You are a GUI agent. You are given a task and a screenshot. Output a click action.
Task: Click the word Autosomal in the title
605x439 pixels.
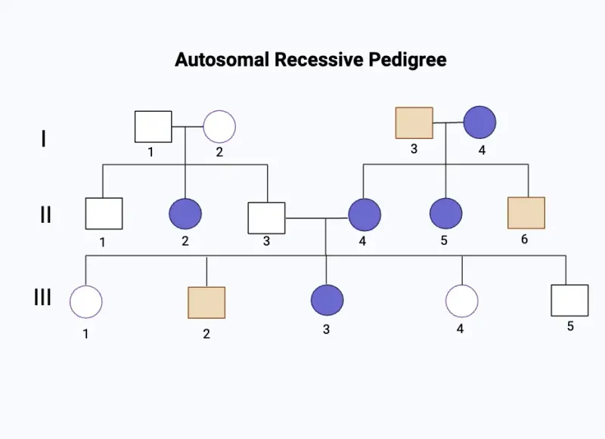(x=213, y=59)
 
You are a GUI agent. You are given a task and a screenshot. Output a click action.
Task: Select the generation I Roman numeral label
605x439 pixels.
(x=44, y=139)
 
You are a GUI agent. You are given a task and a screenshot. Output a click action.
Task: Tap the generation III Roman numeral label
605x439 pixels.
(x=42, y=297)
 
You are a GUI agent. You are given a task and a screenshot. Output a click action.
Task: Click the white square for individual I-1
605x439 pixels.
(x=154, y=126)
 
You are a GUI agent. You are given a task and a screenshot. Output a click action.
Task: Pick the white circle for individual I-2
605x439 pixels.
(x=219, y=126)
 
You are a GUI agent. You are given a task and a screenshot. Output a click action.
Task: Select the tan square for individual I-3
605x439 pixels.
(x=414, y=123)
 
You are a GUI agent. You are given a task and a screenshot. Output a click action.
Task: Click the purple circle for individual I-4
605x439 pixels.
(x=479, y=122)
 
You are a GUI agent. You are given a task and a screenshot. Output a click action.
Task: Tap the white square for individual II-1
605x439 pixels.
(x=104, y=214)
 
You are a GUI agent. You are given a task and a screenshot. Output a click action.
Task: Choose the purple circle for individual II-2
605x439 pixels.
(x=185, y=214)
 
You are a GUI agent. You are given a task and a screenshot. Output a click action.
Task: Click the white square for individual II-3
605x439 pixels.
(x=267, y=218)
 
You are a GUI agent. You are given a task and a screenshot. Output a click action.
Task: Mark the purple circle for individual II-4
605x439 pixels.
(x=365, y=215)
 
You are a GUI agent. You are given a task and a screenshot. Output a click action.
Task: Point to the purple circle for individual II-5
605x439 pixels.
(x=446, y=214)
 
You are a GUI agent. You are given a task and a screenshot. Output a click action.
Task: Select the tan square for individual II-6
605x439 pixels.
(x=527, y=213)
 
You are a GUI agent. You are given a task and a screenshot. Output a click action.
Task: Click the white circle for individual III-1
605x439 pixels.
(x=86, y=302)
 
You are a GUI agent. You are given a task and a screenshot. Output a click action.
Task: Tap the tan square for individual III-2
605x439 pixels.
(x=206, y=303)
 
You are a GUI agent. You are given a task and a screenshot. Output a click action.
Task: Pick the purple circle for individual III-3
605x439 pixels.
(x=327, y=300)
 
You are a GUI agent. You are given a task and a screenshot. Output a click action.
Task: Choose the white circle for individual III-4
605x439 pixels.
(x=461, y=301)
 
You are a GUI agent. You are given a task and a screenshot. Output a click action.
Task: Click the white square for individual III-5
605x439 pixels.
(x=569, y=300)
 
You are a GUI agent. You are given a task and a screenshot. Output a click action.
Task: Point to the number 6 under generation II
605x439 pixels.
(x=524, y=240)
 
